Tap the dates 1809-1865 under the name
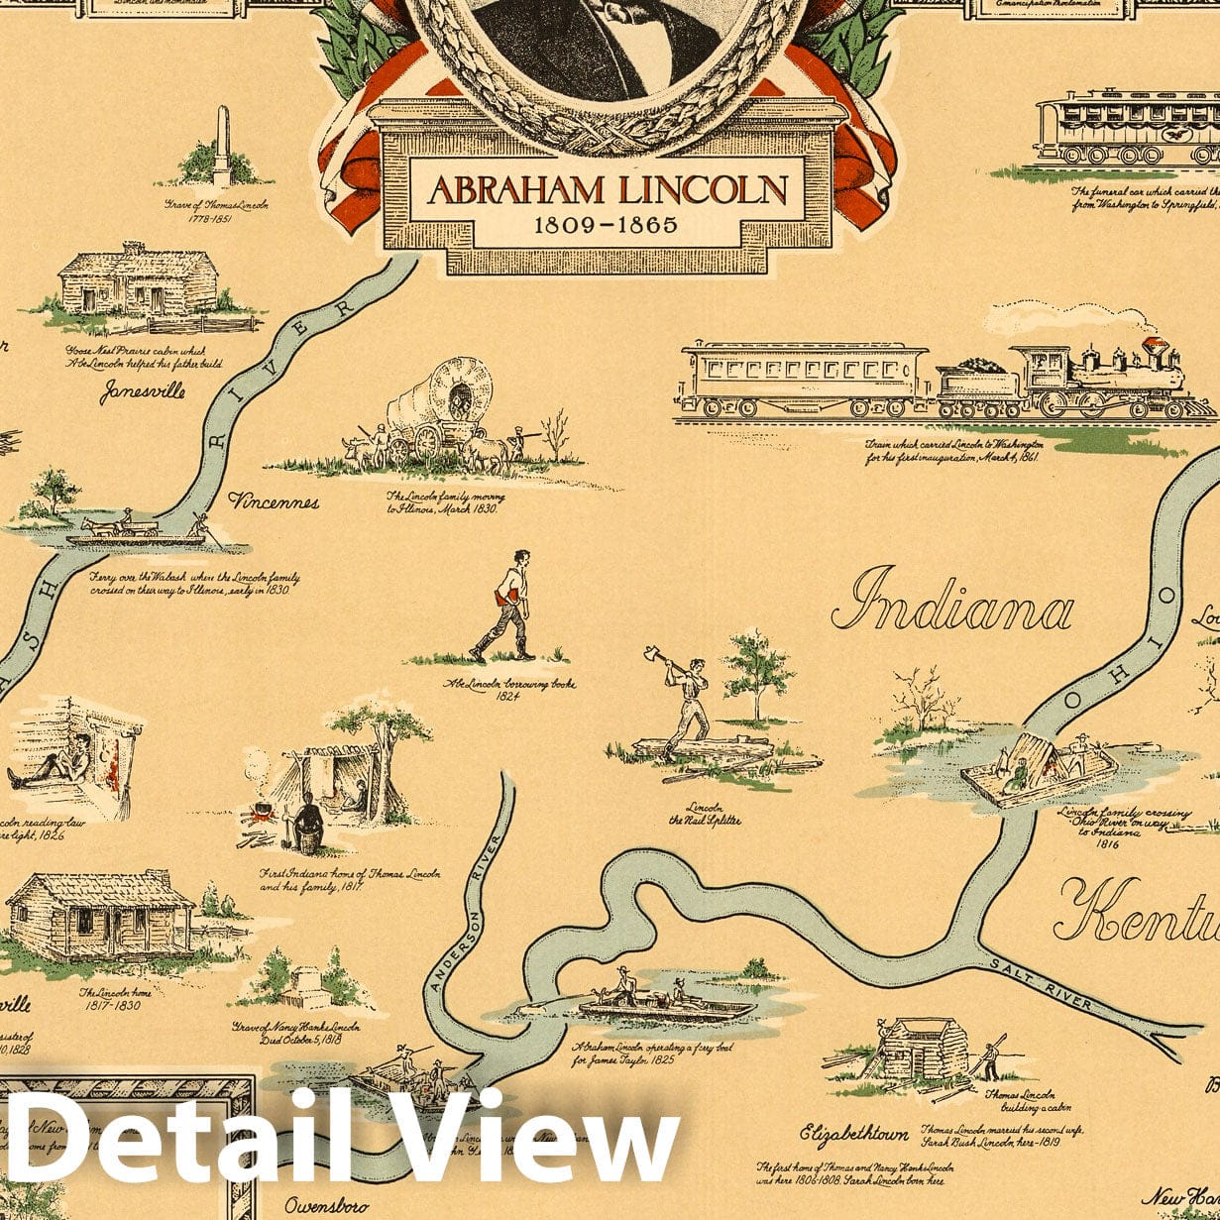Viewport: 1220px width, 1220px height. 606,225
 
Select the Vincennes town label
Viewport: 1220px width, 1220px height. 274,502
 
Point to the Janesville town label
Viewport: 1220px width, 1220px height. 142,390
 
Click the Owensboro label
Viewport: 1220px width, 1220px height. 327,1206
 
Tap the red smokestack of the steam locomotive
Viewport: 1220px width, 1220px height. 1152,348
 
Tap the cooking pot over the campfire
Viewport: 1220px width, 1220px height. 262,813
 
